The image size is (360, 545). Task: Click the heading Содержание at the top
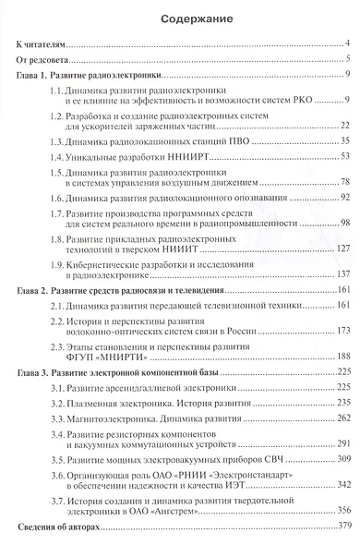[181, 17]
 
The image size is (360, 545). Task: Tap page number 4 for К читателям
[346, 43]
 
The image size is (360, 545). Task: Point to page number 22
[342, 126]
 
